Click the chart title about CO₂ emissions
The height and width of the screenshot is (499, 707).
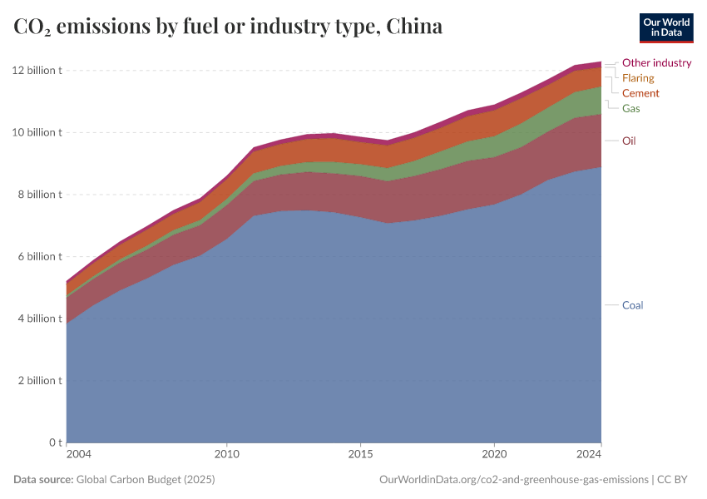pos(228,27)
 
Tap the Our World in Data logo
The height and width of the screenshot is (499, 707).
pos(665,27)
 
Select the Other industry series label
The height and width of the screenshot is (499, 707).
pos(656,62)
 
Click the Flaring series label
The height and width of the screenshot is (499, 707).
pos(638,77)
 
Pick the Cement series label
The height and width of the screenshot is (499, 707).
pos(640,93)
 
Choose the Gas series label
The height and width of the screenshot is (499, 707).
pos(630,108)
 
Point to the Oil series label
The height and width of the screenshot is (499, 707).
pos(629,141)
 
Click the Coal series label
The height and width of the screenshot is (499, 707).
pos(632,305)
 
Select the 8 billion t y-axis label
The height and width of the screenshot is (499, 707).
pos(38,195)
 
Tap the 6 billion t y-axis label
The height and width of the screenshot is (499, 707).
pos(38,256)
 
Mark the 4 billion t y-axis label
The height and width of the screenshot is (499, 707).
pos(38,319)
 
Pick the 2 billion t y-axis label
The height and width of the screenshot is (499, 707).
pos(38,380)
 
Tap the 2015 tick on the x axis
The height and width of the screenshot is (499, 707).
pos(359,455)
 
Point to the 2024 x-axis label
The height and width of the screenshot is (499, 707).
pos(589,455)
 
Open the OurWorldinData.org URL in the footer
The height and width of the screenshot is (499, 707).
pos(513,480)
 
